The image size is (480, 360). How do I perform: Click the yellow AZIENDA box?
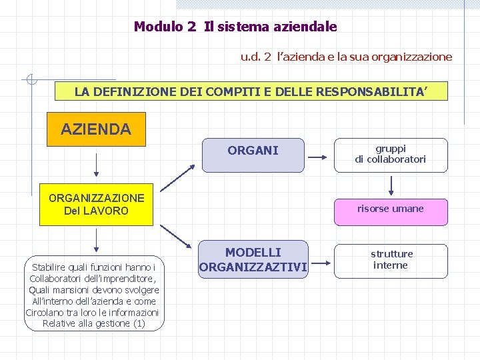pyautogui.click(x=96, y=129)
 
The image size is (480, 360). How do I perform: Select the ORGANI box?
pyautogui.click(x=253, y=154)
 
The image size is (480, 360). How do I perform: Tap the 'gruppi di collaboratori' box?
pyautogui.click(x=390, y=154)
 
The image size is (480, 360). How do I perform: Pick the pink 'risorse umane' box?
pyautogui.click(x=390, y=209)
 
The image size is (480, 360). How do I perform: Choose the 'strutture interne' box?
pyautogui.click(x=391, y=259)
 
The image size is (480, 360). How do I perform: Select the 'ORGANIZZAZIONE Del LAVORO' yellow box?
pyautogui.click(x=96, y=204)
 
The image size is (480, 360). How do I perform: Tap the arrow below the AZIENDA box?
pyautogui.click(x=97, y=165)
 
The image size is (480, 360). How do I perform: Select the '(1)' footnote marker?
pyautogui.click(x=139, y=323)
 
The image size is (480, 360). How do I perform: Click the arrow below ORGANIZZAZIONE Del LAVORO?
pyautogui.click(x=97, y=240)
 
